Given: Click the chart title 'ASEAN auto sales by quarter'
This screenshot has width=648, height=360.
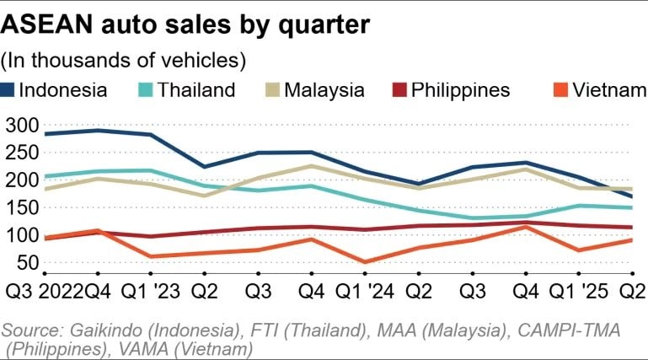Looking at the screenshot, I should point(185,25).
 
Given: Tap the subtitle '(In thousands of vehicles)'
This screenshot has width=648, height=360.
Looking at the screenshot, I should point(124,61).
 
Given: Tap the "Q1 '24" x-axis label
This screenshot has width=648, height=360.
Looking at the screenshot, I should point(366,292).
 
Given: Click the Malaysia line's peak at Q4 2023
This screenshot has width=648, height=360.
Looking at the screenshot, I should point(313,165).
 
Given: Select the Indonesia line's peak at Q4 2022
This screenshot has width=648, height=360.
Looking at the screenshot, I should point(98,130).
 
